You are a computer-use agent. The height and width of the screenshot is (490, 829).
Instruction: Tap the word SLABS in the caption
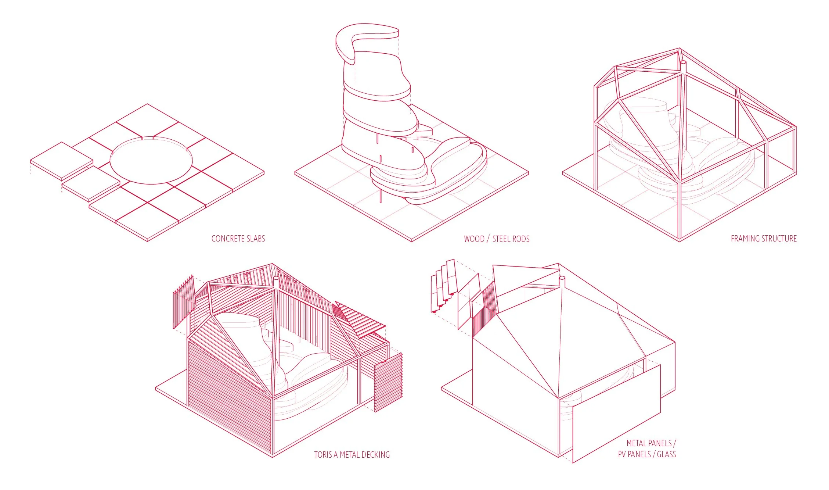(x=256, y=239)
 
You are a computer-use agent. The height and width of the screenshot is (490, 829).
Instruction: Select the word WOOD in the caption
(x=474, y=239)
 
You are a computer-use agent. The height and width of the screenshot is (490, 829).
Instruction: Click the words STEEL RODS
(x=511, y=239)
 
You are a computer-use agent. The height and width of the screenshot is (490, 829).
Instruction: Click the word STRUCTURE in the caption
(x=780, y=239)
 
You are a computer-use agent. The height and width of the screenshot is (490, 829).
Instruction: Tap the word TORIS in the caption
(x=323, y=455)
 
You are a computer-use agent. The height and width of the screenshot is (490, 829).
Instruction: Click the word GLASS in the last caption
(x=666, y=454)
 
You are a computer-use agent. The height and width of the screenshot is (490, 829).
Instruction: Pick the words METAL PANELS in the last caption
(x=649, y=443)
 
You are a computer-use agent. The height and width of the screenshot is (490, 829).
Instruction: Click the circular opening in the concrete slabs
(x=151, y=161)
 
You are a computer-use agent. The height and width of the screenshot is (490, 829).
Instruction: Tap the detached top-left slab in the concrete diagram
(x=61, y=161)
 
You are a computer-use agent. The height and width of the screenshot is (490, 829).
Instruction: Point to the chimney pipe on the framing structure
(x=683, y=68)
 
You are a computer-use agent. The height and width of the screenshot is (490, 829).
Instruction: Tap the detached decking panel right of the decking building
(x=388, y=382)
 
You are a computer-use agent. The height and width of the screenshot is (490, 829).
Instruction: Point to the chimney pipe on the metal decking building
(x=276, y=283)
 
